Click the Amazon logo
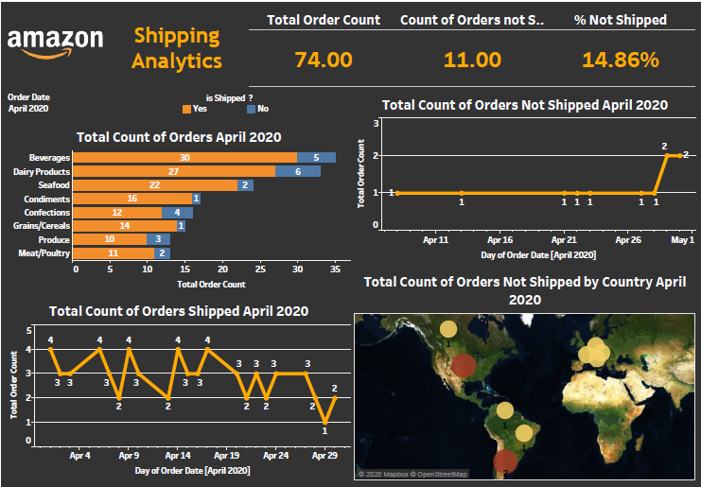(x=55, y=43)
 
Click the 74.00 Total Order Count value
(x=324, y=61)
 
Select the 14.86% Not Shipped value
(x=620, y=61)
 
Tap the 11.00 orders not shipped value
(x=472, y=61)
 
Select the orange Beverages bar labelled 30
(x=185, y=158)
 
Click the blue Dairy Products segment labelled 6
(x=298, y=171)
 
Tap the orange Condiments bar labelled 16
(x=132, y=199)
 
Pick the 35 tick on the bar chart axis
(x=334, y=270)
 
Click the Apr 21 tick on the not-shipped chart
(x=565, y=240)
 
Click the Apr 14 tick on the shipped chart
(x=177, y=455)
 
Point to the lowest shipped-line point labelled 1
(x=324, y=421)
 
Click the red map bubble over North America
(x=464, y=365)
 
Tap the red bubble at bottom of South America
(x=505, y=461)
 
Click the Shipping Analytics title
(x=177, y=48)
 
